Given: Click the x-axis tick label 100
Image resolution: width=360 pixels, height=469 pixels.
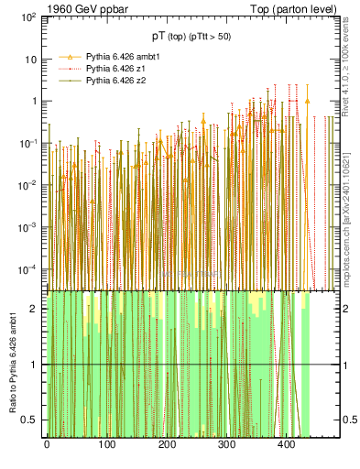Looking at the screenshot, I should pos(106,446).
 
